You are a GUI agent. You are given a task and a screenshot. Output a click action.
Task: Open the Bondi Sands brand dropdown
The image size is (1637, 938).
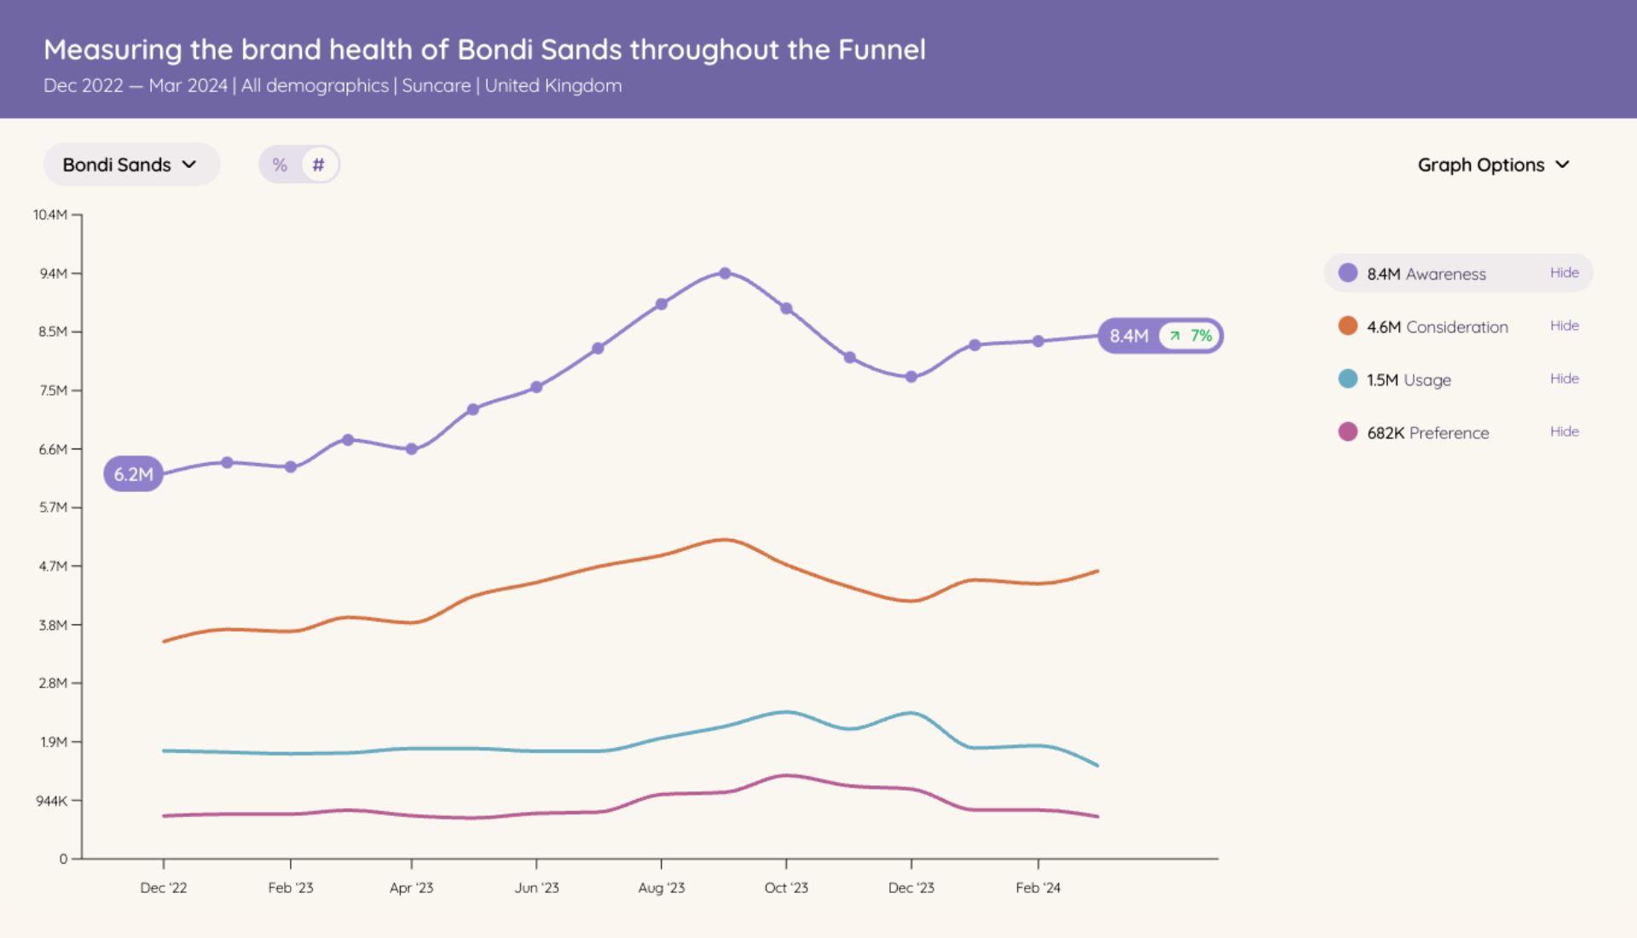coord(130,165)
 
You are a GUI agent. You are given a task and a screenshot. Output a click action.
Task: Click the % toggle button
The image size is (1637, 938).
coord(280,165)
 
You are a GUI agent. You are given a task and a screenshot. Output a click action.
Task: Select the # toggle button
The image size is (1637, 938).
coord(318,165)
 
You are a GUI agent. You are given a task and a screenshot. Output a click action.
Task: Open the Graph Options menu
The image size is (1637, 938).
coord(1493,165)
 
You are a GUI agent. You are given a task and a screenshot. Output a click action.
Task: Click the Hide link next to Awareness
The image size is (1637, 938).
coord(1564,273)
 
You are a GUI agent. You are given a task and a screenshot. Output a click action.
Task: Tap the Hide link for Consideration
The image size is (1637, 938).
coord(1564,326)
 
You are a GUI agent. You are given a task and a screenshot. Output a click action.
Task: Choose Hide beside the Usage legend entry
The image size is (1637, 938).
coord(1564,379)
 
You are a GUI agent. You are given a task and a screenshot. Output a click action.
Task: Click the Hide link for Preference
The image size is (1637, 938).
coord(1564,431)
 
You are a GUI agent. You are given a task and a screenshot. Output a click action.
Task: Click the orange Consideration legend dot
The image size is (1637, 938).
coord(1348,326)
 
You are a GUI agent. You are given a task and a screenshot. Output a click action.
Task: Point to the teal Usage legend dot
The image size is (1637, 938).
coord(1348,379)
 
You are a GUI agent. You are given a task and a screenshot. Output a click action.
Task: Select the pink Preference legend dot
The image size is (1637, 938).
coord(1348,431)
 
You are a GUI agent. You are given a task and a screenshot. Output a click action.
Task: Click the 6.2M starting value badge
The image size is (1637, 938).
coord(134,474)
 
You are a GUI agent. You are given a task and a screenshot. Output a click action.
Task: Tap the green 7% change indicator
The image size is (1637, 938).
coord(1193,336)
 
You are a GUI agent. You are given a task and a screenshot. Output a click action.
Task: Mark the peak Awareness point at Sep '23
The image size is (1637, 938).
coord(725,274)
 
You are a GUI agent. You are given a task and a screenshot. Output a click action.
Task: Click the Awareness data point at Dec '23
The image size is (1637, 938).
coord(911,377)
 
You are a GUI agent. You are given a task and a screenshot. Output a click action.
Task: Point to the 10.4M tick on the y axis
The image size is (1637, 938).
coord(50,215)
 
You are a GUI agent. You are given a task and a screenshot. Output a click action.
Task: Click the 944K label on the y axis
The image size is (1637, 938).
coord(51,801)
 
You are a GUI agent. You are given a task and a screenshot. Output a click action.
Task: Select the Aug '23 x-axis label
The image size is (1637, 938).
coord(662,888)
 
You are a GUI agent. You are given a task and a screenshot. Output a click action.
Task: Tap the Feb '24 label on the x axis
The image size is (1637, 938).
coord(1038,888)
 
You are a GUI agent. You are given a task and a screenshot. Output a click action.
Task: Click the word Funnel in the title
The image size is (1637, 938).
coord(882,49)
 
